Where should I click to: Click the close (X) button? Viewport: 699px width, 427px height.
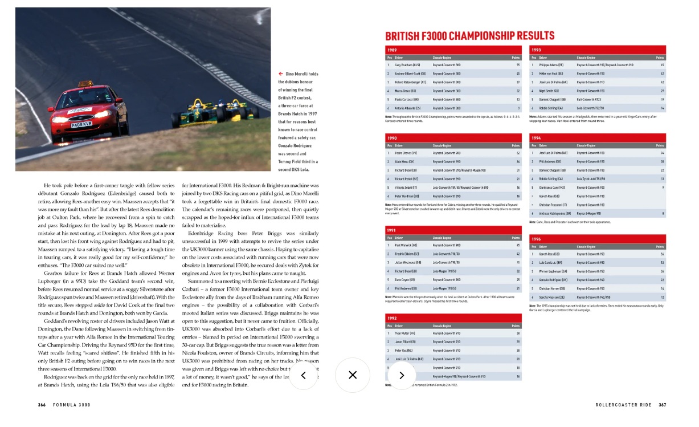353,375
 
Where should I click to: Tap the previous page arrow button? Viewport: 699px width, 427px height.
303,375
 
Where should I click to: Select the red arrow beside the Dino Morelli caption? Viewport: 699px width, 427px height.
280,74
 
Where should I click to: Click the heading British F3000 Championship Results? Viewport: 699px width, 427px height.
469,36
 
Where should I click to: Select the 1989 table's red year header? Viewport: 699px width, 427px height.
453,50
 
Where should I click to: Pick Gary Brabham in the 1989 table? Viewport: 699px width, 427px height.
404,65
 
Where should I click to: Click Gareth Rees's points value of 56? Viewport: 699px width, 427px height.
662,254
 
